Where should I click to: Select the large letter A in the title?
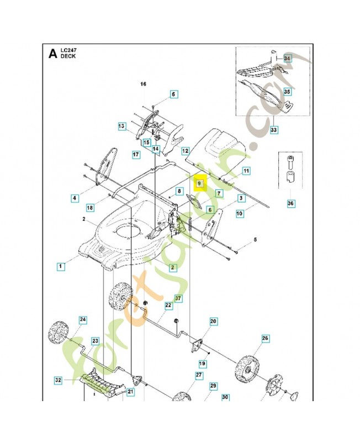[x=52, y=54]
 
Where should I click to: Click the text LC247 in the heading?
[x=70, y=51]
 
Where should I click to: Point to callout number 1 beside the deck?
[x=60, y=266]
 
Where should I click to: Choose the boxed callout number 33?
[x=273, y=130]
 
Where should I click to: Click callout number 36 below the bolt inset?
[x=290, y=204]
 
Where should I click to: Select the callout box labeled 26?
[x=264, y=338]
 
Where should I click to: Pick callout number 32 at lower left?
[x=58, y=380]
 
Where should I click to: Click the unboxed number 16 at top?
[x=144, y=84]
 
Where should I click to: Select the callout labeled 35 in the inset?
[x=287, y=91]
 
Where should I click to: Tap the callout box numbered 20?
[x=213, y=321]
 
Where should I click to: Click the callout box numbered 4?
[x=73, y=197]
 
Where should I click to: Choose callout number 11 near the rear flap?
[x=246, y=171]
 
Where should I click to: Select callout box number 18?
[x=89, y=207]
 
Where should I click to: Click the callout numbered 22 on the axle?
[x=168, y=305]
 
